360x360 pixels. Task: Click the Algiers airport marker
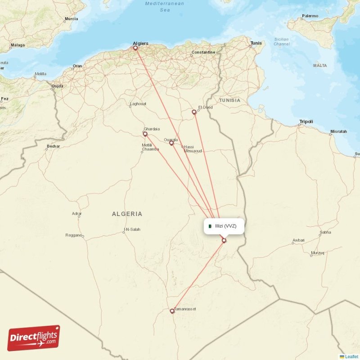(x=135, y=47)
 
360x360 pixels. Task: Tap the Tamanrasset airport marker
(x=172, y=311)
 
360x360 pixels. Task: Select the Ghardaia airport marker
(x=145, y=134)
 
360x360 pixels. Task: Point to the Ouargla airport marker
(x=171, y=143)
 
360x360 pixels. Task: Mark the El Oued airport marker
(x=194, y=112)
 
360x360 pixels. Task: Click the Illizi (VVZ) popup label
(x=225, y=226)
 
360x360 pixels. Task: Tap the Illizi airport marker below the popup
(x=224, y=241)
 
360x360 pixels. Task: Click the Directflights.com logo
(x=34, y=338)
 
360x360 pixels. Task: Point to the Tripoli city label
(x=306, y=121)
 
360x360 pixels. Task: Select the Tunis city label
(x=256, y=43)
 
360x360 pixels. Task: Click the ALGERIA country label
(x=127, y=214)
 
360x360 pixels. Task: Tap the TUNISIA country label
(x=229, y=100)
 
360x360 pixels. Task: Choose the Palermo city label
(x=310, y=16)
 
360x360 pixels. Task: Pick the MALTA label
(x=320, y=66)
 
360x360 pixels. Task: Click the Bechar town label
(x=53, y=146)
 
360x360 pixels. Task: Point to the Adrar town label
(x=76, y=213)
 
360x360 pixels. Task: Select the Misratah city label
(x=338, y=131)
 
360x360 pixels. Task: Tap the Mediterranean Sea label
(x=165, y=6)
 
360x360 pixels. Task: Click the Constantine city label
(x=203, y=52)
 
